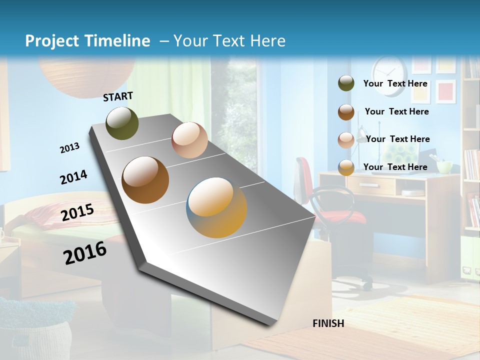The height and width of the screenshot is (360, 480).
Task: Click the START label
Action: [118, 96]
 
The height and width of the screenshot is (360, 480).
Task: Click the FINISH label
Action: [328, 323]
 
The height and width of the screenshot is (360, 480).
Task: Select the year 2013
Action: [70, 148]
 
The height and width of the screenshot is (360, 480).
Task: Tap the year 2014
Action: [73, 177]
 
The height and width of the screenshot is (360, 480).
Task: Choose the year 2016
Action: [85, 253]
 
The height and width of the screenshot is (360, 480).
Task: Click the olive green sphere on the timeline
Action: [122, 123]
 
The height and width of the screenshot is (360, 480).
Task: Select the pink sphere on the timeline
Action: [189, 140]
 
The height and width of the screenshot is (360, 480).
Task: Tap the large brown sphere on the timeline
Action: [145, 180]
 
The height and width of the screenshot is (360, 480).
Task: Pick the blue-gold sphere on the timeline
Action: [216, 207]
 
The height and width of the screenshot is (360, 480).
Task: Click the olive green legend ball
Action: [346, 83]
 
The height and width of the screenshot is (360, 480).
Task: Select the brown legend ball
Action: [346, 112]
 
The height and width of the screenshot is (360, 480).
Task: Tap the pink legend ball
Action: [346, 139]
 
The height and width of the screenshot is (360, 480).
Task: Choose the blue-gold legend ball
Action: [346, 167]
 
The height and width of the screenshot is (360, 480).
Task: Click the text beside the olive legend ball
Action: [395, 83]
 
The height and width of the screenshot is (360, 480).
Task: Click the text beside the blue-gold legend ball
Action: [395, 167]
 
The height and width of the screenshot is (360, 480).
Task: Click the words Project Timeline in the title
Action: [87, 41]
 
